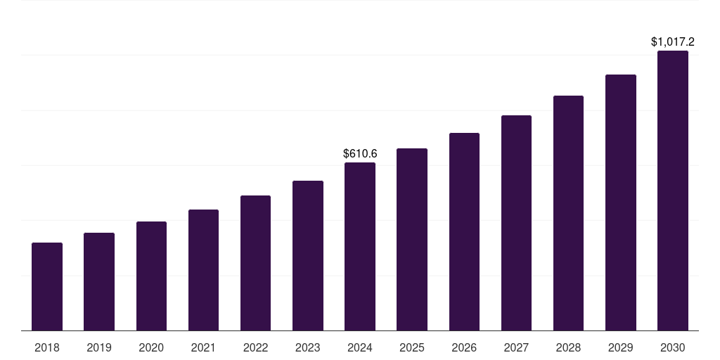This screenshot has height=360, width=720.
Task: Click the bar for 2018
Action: point(47,286)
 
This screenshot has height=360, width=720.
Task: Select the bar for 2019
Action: point(99,281)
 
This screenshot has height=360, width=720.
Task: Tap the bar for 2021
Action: point(203,270)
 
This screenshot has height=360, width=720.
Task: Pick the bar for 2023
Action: point(308,255)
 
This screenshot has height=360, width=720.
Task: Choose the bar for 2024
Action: point(360,246)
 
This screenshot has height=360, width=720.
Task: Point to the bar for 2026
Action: point(464,231)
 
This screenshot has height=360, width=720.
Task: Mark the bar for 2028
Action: point(568,213)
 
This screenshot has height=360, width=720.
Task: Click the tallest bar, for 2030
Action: point(673,191)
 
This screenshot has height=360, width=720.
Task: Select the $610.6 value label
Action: point(360,153)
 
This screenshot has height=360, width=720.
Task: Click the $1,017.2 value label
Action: point(673,42)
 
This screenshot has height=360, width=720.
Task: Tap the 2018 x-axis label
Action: point(47,347)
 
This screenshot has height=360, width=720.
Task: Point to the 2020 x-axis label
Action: point(151,347)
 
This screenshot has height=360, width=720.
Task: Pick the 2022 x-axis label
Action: point(255,347)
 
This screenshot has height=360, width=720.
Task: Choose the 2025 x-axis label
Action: point(412,347)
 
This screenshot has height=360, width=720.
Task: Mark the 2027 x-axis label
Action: point(516,347)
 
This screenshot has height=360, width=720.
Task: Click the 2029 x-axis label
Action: point(620,347)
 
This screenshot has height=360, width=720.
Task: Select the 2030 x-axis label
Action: point(673,347)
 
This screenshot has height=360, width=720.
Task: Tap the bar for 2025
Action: point(412,239)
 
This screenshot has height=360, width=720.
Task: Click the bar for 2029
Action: point(620,202)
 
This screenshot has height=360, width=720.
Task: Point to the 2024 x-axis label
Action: point(360,347)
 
